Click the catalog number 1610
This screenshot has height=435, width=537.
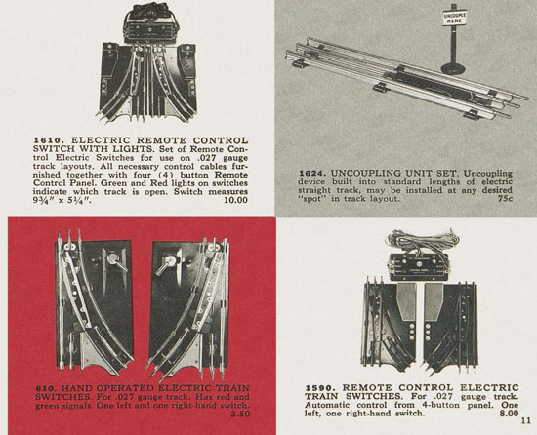pyautogui.click(x=48, y=140)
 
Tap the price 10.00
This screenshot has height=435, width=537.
pyautogui.click(x=235, y=200)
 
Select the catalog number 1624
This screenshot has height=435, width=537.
pyautogui.click(x=311, y=174)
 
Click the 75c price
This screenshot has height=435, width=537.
pyautogui.click(x=506, y=198)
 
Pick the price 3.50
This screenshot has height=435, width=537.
pyautogui.click(x=240, y=414)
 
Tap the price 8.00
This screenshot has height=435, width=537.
pyautogui.click(x=509, y=414)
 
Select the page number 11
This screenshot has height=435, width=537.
pyautogui.click(x=525, y=420)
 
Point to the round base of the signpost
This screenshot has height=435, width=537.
pyautogui.click(x=454, y=68)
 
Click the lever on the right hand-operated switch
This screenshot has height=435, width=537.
pyautogui.click(x=167, y=263)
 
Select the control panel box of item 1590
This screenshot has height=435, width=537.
pyautogui.click(x=419, y=267)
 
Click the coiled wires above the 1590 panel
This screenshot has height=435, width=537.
pyautogui.click(x=420, y=241)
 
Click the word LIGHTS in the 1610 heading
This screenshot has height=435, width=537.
pyautogui.click(x=136, y=149)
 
